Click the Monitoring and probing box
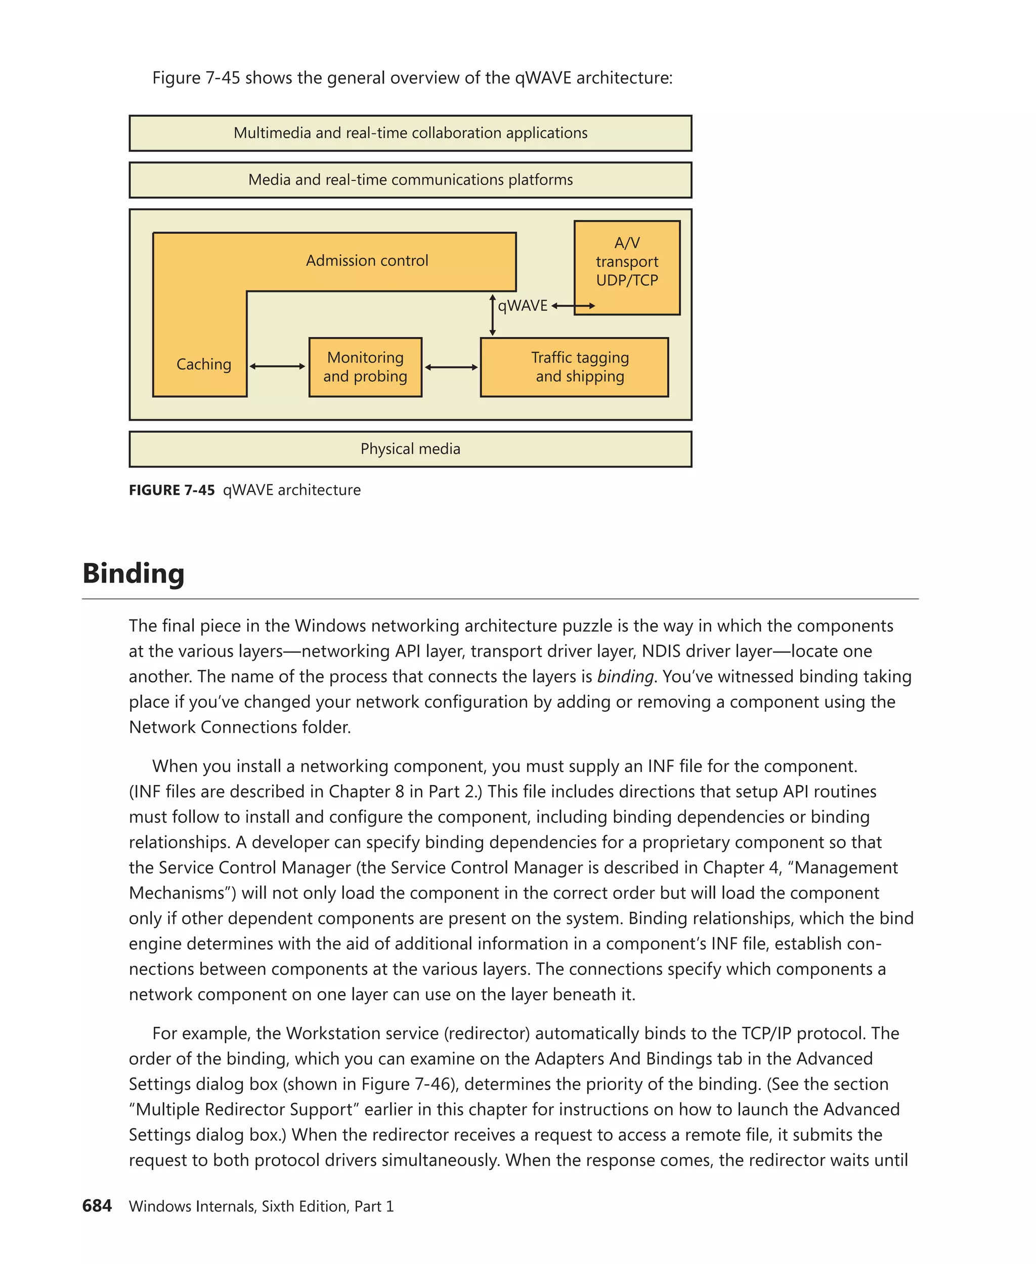[x=365, y=367]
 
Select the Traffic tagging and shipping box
[x=574, y=367]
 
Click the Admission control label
[x=367, y=261]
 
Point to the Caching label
[x=203, y=364]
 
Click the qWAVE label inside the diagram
[x=523, y=306]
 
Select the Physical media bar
[x=411, y=448]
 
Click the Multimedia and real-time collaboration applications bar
[x=411, y=133]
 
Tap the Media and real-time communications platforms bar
[x=411, y=179]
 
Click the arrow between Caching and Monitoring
[x=278, y=366]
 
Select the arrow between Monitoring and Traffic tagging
[x=451, y=367]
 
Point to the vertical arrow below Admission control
[x=492, y=315]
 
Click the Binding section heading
[x=134, y=573]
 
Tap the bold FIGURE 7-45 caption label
[x=172, y=490]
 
